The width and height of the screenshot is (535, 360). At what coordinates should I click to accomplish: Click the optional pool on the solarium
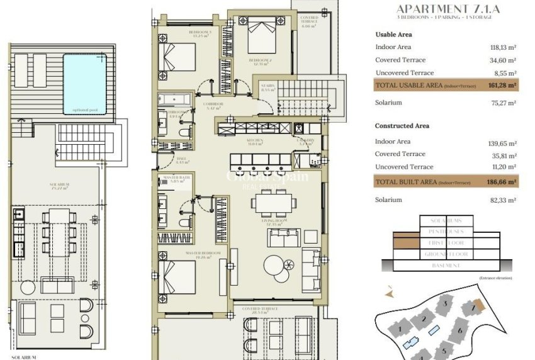click(x=85, y=84)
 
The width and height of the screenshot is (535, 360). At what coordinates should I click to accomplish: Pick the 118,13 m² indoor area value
click(x=502, y=47)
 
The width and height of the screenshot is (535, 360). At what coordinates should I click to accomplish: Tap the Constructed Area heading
click(x=402, y=126)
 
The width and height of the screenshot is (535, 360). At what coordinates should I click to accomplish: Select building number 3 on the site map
click(x=444, y=305)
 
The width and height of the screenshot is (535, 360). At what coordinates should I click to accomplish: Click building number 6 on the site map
click(x=460, y=330)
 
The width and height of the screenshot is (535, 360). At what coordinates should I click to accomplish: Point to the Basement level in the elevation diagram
click(x=446, y=266)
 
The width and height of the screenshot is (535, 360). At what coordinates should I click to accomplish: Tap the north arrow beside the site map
click(x=390, y=293)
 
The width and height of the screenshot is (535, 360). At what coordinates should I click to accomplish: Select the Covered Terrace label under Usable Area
click(x=400, y=60)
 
